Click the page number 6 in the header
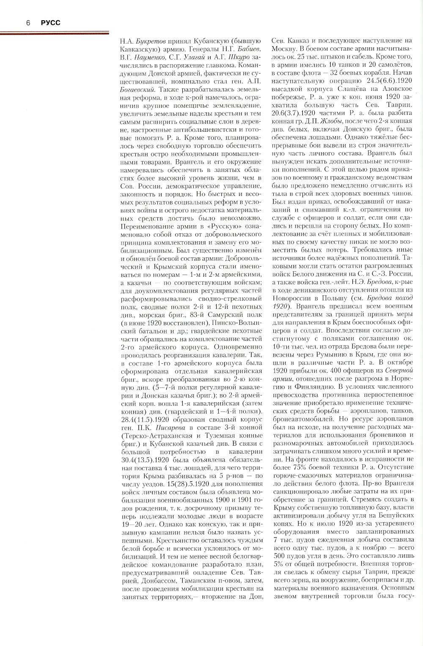tap(27, 23)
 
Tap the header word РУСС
tap(50, 23)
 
